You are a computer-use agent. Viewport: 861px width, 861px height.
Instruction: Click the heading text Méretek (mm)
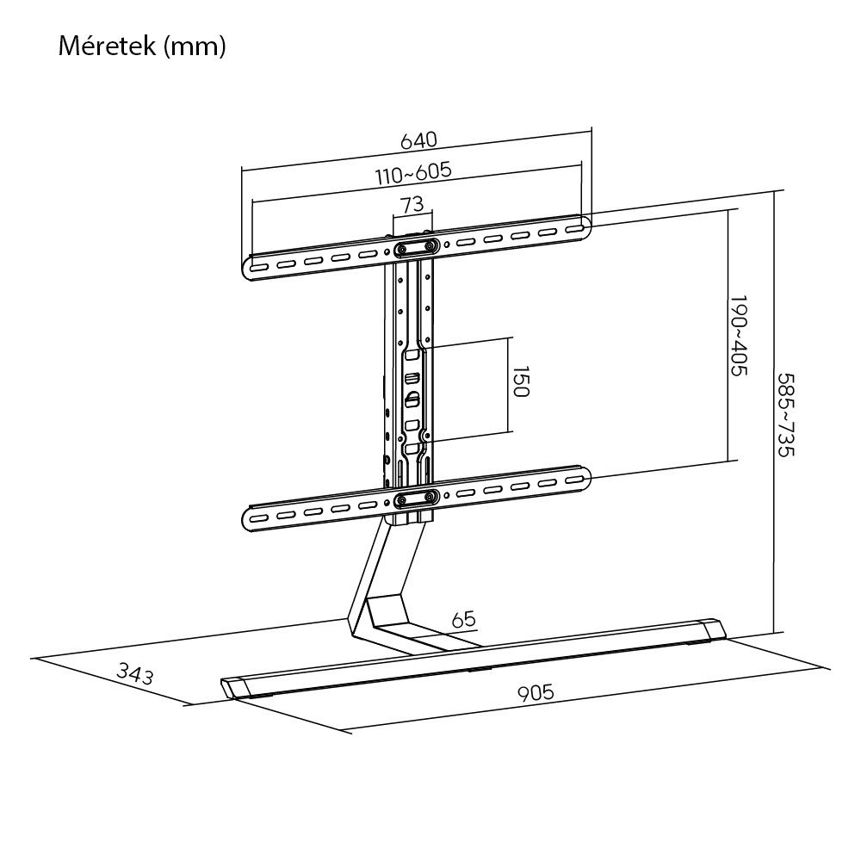[142, 47]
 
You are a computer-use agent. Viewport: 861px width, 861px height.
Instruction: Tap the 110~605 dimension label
[413, 171]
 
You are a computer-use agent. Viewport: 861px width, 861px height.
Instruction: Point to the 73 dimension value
[412, 205]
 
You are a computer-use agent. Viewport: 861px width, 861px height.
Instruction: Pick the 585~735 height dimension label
[785, 416]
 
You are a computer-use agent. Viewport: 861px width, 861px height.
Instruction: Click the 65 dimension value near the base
[462, 619]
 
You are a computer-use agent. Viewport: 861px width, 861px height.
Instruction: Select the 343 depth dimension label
[134, 674]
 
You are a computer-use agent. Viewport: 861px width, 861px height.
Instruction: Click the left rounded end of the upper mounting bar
[251, 268]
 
